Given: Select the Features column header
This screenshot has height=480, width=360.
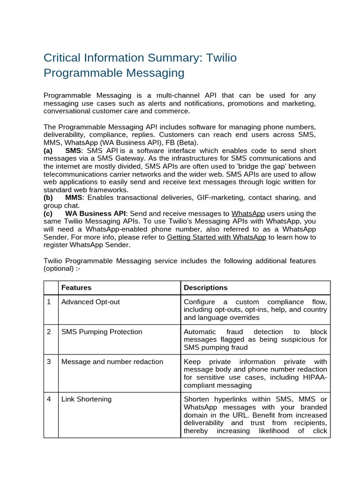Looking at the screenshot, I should pos(76,287).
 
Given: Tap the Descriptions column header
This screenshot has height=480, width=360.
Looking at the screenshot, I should pos(206,287).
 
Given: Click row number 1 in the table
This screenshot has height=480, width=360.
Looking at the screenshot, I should pos(49,302).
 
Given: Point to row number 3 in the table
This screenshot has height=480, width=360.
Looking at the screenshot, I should pos(49,361).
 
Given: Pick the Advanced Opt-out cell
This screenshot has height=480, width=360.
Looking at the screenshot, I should pos(90,302).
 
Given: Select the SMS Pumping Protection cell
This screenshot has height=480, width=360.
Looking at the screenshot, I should pos(102,332).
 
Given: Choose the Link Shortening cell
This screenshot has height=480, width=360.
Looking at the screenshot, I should pos(86,399).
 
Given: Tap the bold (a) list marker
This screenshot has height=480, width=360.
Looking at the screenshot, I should pos(48,150).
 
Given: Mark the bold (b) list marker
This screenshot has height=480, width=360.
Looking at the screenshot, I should pos(48,197).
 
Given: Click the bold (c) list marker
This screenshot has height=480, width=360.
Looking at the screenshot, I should pos(48,213).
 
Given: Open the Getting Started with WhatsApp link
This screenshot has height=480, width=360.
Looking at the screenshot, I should pos(216,237).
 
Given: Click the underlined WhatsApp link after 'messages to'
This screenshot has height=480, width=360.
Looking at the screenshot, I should pos(248,213).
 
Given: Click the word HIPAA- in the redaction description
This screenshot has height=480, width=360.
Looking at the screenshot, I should pos(315,377).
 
